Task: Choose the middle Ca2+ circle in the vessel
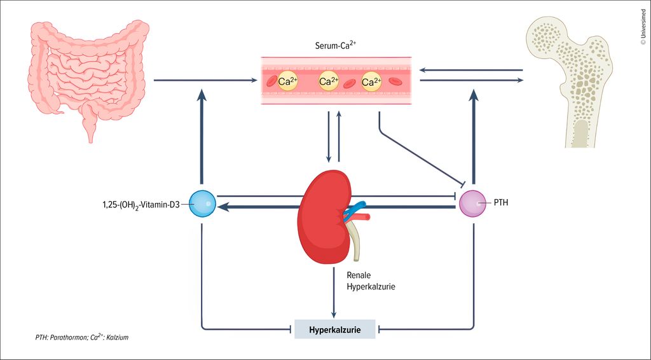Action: pyautogui.click(x=329, y=81)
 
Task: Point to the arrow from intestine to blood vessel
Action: pyautogui.click(x=203, y=81)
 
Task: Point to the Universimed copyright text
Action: pyautogui.click(x=642, y=25)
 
